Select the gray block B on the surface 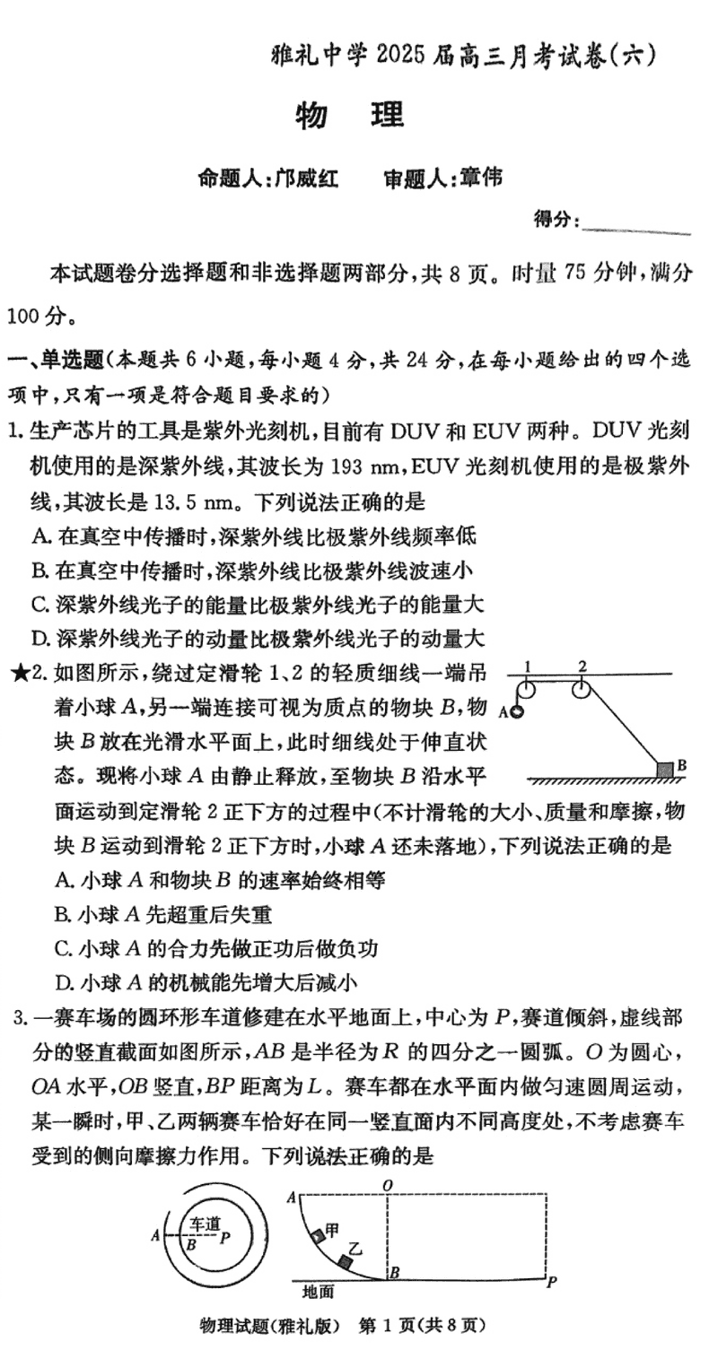coord(664,769)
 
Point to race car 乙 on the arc coord(345,1261)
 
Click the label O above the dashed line coord(387,1186)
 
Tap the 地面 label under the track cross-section coord(318,1292)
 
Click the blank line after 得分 coord(636,231)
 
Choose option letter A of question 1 coord(38,536)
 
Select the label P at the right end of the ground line coord(551,1280)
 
